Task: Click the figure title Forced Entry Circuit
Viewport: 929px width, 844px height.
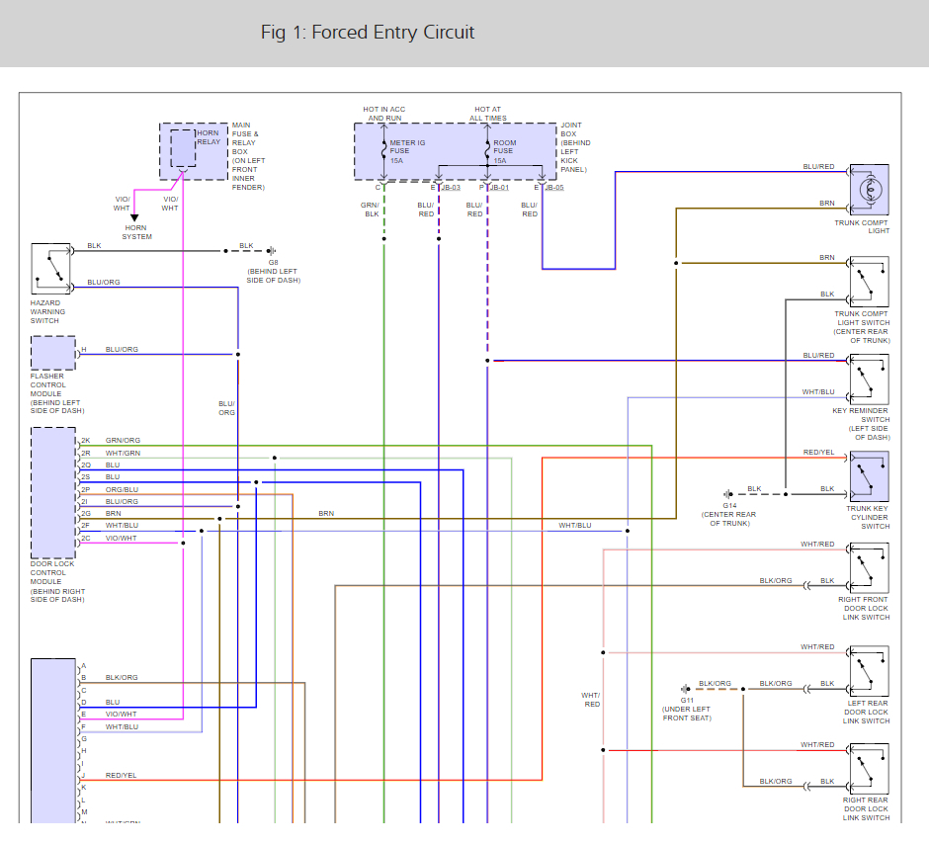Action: pos(368,33)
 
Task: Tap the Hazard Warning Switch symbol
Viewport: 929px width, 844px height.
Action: pos(51,269)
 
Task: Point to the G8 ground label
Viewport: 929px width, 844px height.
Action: pos(274,263)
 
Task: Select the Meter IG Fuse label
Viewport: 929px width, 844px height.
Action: pos(406,151)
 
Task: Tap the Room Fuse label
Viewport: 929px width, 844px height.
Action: pos(504,151)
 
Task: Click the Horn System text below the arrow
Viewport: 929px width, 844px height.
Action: pos(136,232)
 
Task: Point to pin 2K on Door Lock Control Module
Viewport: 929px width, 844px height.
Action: pos(86,440)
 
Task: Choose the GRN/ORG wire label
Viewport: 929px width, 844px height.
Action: pos(123,440)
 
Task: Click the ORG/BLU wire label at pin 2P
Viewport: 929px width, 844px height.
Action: pos(123,489)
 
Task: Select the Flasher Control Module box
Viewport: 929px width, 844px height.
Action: pos(52,353)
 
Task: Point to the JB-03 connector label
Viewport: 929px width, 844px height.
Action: pos(450,187)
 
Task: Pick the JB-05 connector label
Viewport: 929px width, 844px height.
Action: pos(553,187)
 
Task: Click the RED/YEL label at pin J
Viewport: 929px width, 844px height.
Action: pos(121,776)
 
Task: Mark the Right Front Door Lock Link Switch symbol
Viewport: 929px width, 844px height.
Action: pos(869,568)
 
